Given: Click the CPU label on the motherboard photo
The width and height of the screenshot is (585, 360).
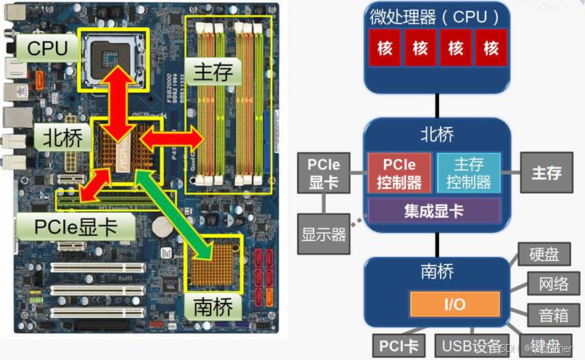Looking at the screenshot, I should pyautogui.click(x=48, y=49).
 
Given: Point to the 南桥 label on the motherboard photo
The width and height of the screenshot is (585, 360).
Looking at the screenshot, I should pyautogui.click(x=213, y=306).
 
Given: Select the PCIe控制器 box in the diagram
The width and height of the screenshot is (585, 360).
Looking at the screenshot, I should pyautogui.click(x=399, y=173).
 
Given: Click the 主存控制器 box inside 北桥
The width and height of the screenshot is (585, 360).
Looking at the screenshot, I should pyautogui.click(x=468, y=173).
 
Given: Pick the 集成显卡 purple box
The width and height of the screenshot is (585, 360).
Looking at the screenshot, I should pyautogui.click(x=433, y=211).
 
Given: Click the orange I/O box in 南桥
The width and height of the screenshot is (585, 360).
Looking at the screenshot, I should pyautogui.click(x=454, y=304).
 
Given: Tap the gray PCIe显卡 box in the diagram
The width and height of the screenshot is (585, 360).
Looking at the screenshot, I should pyautogui.click(x=324, y=173).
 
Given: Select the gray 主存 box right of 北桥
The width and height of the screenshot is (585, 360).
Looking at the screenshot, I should pyautogui.click(x=547, y=173).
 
